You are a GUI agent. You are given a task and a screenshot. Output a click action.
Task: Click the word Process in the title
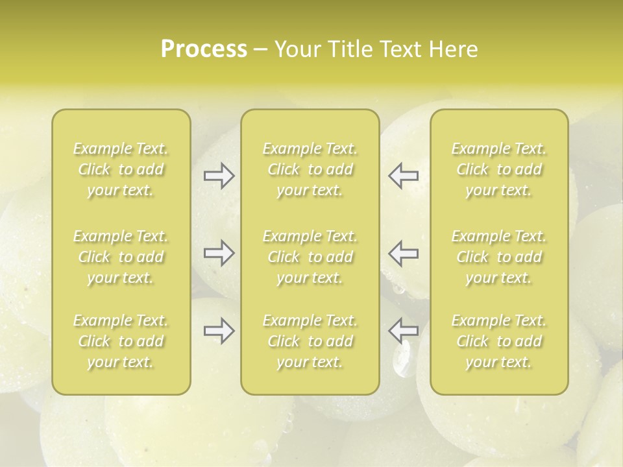204,49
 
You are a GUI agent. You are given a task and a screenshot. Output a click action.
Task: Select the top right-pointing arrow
219,176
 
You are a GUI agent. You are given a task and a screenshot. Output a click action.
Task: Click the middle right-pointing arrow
219,253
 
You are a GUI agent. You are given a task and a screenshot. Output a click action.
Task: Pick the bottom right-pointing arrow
219,331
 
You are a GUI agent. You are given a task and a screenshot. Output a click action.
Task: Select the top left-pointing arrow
403,176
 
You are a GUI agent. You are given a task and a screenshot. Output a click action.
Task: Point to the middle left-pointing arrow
403,253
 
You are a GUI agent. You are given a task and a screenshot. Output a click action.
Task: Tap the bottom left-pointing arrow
403,331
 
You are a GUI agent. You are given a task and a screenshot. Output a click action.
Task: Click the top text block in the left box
121,169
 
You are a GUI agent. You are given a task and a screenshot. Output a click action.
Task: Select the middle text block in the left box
121,257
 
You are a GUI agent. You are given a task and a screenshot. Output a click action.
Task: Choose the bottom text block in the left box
121,341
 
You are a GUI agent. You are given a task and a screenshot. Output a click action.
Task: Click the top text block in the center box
310,169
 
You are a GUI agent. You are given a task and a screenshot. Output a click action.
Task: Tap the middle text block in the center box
310,257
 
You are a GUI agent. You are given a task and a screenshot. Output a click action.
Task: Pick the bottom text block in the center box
310,341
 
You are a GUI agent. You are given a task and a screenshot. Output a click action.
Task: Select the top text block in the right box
499,169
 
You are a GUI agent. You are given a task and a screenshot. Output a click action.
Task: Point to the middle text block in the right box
499,257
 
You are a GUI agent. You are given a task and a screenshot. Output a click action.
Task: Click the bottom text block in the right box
499,341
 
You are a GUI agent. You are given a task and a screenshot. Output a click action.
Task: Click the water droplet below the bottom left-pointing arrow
402,360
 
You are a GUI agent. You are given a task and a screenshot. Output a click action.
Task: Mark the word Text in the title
402,49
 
